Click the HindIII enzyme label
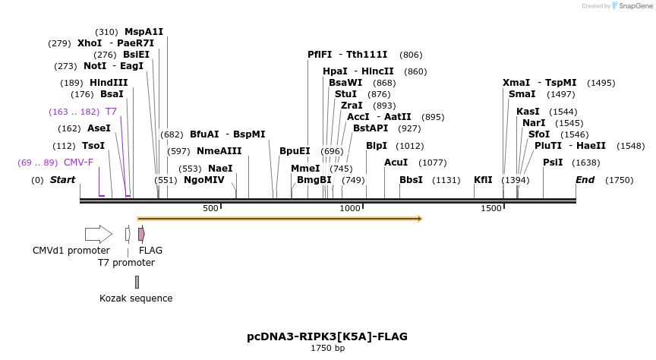109,83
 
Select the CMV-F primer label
78,162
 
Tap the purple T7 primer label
111,112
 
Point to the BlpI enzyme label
377,145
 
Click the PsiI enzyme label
553,162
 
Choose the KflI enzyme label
483,180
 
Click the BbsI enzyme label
411,180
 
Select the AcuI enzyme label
396,162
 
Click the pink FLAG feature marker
141,234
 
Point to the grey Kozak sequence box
137,282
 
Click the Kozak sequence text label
136,298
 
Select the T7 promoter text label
126,263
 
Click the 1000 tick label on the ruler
350,208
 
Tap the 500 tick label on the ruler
210,208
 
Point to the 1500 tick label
491,208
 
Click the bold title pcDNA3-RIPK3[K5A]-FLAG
327,336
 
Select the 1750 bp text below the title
327,349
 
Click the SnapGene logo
632,6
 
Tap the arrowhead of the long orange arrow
419,219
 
